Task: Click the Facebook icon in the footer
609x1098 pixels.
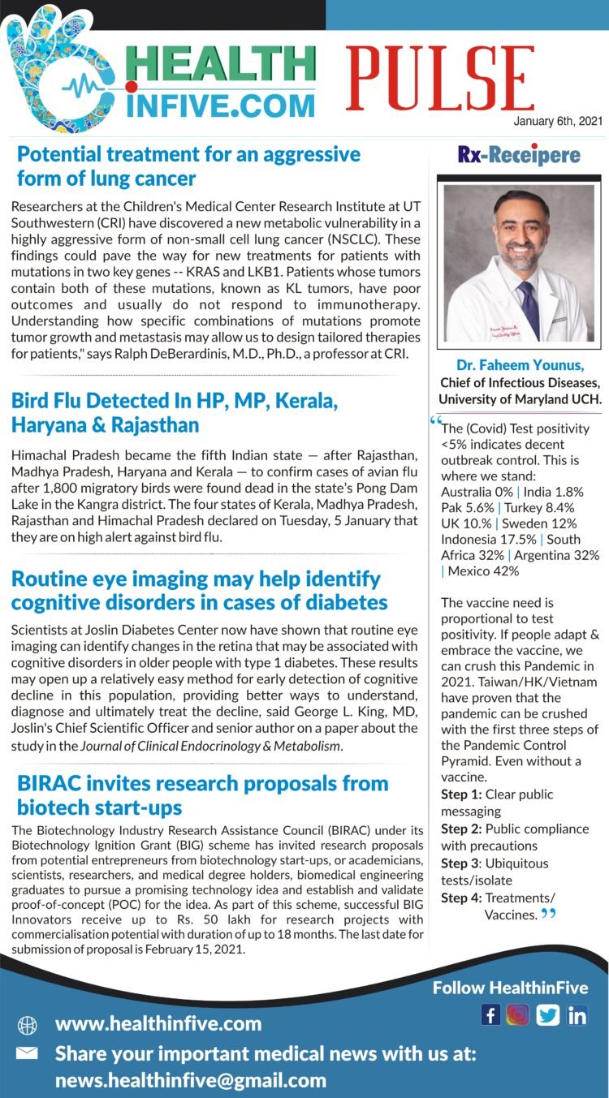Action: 490,1014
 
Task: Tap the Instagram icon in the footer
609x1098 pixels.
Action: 518,1014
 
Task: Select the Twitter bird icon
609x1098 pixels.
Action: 548,1014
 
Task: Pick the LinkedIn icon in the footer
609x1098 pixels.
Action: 577,1014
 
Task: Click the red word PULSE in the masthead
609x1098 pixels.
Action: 440,80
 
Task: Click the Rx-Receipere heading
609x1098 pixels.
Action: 519,155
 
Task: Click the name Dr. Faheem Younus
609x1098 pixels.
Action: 520,367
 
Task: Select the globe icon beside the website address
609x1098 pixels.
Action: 27,1025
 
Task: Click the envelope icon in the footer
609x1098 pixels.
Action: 27,1053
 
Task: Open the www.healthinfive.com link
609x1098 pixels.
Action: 158,1024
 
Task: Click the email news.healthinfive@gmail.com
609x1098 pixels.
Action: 191,1081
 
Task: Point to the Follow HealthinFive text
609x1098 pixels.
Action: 510,988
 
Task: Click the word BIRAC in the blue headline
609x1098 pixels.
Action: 50,784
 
